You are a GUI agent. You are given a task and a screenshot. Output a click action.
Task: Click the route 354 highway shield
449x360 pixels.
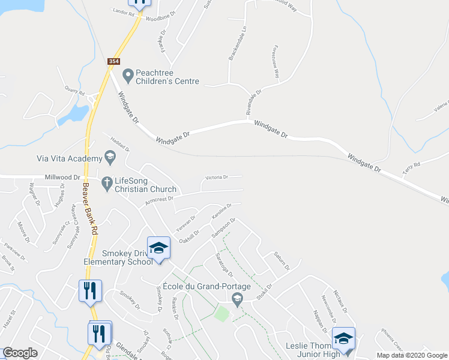coord(114,62)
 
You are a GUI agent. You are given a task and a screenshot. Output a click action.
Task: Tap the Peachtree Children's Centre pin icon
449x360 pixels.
coord(127,76)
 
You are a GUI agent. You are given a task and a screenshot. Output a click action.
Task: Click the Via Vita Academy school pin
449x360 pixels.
coord(110,158)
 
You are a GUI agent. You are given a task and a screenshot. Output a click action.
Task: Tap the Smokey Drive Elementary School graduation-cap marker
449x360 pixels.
coord(158,248)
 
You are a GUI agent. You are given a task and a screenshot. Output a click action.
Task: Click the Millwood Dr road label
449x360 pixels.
coord(62,178)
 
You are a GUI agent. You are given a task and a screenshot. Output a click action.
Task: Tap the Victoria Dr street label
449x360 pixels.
coord(217,178)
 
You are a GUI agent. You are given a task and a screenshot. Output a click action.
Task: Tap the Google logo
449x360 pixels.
coord(20,353)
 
